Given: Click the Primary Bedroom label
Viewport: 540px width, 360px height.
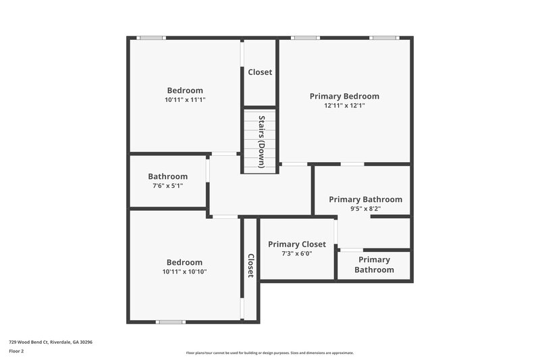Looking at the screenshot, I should (x=344, y=97).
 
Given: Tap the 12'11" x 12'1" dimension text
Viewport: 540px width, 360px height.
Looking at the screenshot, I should (x=344, y=106).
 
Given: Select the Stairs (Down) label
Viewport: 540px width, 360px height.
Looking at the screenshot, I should (x=261, y=142).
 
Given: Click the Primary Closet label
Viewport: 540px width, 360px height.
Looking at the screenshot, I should (x=297, y=245).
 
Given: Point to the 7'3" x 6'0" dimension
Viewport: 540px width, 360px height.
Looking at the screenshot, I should (x=297, y=254).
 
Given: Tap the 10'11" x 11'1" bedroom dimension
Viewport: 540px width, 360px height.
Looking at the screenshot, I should (x=185, y=100).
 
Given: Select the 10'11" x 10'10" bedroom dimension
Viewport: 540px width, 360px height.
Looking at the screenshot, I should (x=185, y=272).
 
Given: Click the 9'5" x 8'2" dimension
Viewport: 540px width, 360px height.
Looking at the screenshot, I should (x=365, y=209).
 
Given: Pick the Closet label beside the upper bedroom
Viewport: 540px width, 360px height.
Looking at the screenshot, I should (x=260, y=72).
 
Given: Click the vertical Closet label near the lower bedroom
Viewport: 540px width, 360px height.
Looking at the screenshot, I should (x=250, y=265).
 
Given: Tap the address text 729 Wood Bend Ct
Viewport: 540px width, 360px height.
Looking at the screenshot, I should (x=51, y=342).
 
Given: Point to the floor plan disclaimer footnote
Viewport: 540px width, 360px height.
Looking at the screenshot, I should (x=270, y=353).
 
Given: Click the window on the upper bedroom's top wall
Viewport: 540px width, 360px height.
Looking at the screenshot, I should (x=151, y=38).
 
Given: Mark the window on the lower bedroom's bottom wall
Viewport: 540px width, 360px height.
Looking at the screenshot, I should (x=171, y=322).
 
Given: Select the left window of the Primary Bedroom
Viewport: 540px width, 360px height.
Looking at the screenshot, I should (x=305, y=38).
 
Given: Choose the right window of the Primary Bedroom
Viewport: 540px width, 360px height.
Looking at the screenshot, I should (x=384, y=38).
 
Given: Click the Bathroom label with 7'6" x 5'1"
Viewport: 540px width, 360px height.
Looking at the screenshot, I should (x=168, y=177).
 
